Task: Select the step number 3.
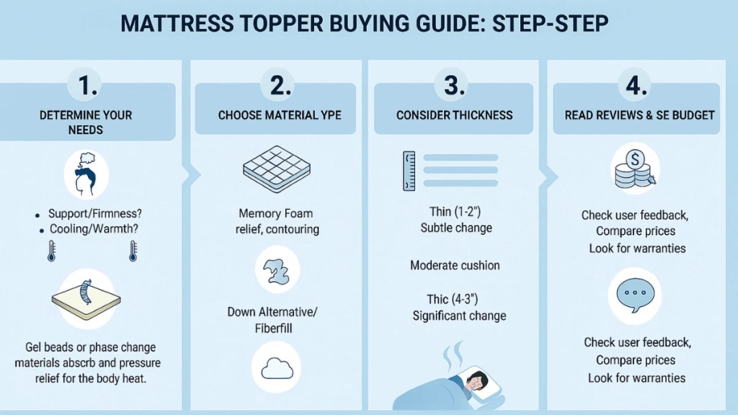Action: pyautogui.click(x=455, y=85)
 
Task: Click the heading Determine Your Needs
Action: pyautogui.click(x=86, y=122)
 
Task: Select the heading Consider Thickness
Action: pyautogui.click(x=455, y=115)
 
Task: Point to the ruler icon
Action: pyautogui.click(x=409, y=170)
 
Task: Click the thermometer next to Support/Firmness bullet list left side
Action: pyautogui.click(x=51, y=250)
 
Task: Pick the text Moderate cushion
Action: pyautogui.click(x=455, y=265)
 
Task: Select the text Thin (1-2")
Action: pyautogui.click(x=455, y=212)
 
